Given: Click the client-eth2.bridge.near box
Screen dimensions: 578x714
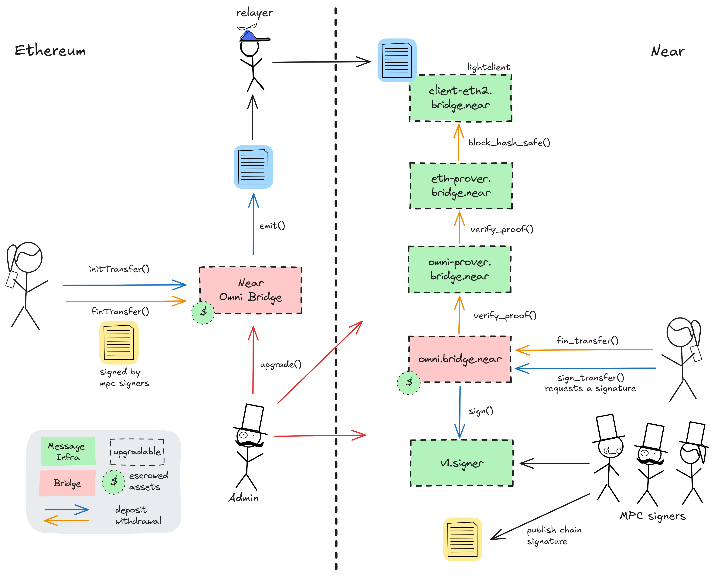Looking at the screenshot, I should [460, 98].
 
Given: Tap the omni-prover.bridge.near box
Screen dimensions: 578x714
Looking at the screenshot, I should [459, 269].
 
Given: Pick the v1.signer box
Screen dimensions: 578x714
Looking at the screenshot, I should [462, 463].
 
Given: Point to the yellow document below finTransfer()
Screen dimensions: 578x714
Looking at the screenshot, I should [119, 342].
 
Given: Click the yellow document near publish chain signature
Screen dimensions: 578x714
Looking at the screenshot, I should [462, 539].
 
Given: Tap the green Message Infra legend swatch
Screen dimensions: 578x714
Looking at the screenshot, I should [68, 451].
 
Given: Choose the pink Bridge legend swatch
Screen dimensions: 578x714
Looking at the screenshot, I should [67, 483].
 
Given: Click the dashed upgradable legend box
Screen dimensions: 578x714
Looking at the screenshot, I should [137, 452].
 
